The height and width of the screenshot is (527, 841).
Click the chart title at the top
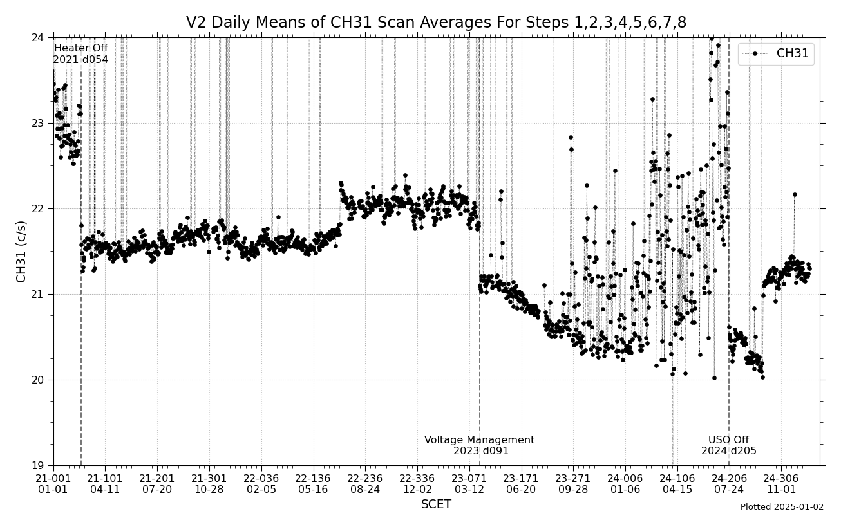click(436, 23)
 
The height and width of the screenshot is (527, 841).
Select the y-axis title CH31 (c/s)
click(21, 251)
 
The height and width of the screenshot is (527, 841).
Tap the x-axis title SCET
click(436, 504)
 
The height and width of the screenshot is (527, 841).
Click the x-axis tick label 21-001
click(53, 478)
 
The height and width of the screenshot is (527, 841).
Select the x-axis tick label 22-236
click(364, 478)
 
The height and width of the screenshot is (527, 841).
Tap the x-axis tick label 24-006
click(625, 478)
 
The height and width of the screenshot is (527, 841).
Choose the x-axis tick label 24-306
click(780, 478)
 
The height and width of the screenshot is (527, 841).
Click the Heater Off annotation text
click(80, 48)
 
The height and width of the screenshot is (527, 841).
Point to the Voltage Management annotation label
click(479, 440)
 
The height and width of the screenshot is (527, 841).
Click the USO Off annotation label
click(728, 440)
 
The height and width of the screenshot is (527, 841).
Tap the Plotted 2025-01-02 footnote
click(782, 507)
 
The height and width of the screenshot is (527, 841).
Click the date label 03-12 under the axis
click(469, 489)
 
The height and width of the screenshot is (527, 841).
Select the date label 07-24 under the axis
click(728, 489)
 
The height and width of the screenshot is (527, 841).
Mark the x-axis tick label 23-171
click(520, 478)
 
